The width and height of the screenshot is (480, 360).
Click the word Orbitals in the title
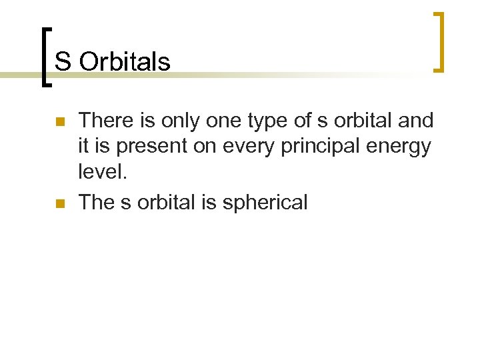(125, 61)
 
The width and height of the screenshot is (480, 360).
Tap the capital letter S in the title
(62, 61)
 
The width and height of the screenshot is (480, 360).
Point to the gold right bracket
(439, 41)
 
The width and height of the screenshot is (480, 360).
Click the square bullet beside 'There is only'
(59, 122)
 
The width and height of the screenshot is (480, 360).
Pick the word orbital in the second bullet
(167, 202)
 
